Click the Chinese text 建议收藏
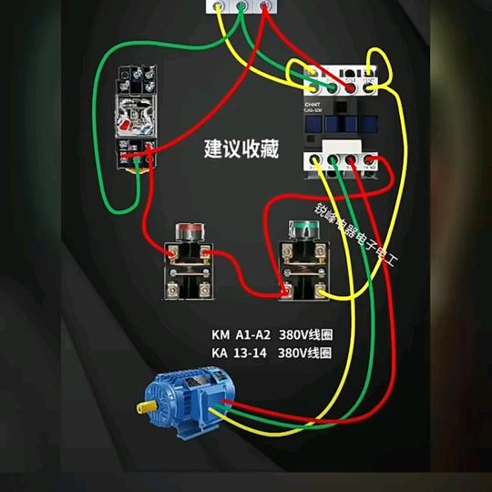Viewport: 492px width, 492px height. point(241,149)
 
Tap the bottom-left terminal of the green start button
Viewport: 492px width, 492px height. point(286,290)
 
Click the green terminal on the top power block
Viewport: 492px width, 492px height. point(241,5)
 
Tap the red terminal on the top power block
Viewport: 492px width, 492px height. point(265,5)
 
